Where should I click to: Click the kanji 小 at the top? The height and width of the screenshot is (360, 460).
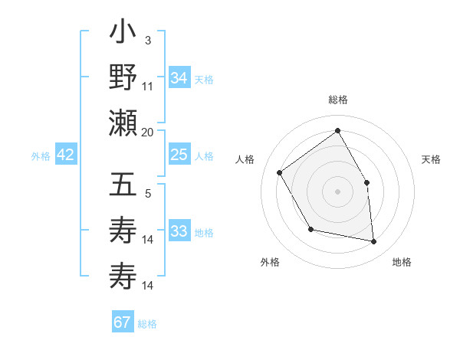pos(123,34)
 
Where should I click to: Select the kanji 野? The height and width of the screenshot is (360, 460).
pos(123,78)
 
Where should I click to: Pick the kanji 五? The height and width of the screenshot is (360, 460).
pos(123,186)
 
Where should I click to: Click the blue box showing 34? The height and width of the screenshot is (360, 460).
pos(179,78)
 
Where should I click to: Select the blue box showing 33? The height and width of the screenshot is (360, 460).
pos(179,231)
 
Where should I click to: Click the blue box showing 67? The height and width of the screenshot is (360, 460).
pos(123,322)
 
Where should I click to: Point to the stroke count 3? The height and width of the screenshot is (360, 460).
pos(147,40)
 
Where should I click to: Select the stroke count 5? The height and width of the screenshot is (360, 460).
pos(147,193)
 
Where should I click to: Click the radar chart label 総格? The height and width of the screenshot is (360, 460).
pos(337,100)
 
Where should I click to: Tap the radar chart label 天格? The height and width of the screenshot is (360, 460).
pos(431,159)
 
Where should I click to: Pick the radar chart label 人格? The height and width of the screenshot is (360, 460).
pos(245,159)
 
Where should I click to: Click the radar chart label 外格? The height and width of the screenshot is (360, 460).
pos(270,262)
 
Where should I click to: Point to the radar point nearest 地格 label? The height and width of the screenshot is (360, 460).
pos(374,242)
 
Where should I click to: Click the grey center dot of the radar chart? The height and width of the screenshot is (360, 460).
pos(337,191)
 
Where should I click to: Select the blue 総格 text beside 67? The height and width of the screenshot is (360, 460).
pos(147,324)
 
